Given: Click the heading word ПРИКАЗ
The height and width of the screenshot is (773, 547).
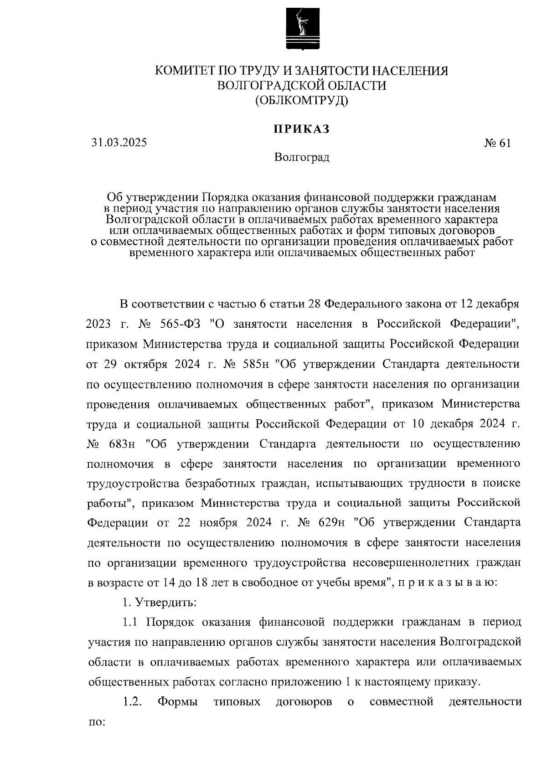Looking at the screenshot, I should click(x=301, y=129).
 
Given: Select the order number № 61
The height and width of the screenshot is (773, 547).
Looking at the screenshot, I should click(x=497, y=143).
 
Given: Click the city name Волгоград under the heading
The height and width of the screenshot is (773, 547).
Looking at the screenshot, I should click(x=301, y=158).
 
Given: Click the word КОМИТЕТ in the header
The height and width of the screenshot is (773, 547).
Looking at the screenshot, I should click(x=186, y=71).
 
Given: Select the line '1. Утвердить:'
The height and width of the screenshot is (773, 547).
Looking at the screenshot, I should click(x=159, y=603).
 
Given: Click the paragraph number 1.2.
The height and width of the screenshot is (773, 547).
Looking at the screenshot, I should click(x=132, y=702).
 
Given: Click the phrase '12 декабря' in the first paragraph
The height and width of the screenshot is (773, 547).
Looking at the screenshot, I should click(x=489, y=304).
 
